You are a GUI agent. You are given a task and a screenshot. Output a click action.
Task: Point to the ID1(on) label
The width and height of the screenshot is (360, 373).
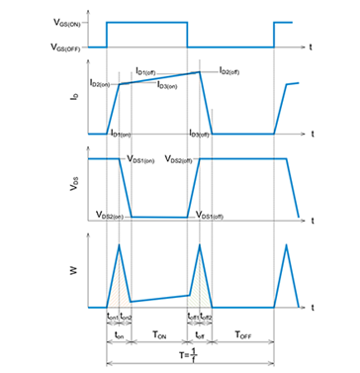pyautogui.click(x=122, y=133)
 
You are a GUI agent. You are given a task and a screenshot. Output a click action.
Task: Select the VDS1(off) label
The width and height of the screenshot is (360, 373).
pyautogui.click(x=215, y=214)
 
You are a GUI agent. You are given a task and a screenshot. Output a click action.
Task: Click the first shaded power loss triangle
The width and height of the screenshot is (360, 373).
pyautogui.click(x=118, y=287)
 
